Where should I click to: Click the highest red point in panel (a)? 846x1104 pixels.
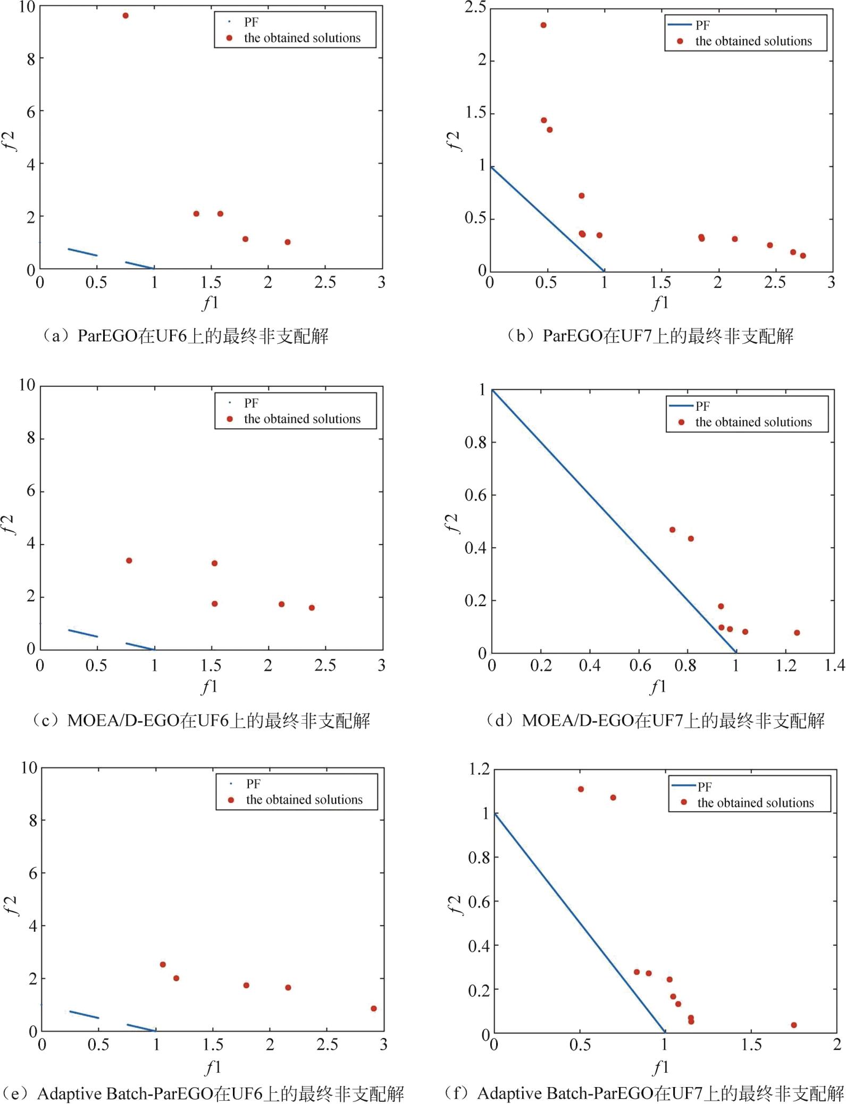(x=125, y=15)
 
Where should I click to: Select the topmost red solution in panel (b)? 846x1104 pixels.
(x=543, y=25)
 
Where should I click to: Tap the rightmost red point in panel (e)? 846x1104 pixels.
(x=374, y=1008)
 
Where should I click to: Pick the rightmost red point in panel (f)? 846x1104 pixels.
(x=794, y=1025)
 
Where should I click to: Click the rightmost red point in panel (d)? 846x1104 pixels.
(x=797, y=633)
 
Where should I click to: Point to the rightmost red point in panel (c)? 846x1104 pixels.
(x=312, y=608)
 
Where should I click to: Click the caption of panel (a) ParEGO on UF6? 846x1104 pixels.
(x=185, y=336)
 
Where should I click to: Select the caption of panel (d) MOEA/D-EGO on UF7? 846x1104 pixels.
(x=655, y=721)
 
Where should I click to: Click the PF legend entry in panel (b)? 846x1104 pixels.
(x=702, y=25)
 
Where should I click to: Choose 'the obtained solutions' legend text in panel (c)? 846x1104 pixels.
(x=302, y=419)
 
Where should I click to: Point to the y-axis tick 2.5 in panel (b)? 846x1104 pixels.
(x=475, y=7)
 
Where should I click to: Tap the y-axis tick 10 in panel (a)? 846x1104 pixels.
(x=27, y=7)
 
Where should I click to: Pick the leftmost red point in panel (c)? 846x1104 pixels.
(x=129, y=561)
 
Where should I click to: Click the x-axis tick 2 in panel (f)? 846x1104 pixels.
(x=837, y=1045)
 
